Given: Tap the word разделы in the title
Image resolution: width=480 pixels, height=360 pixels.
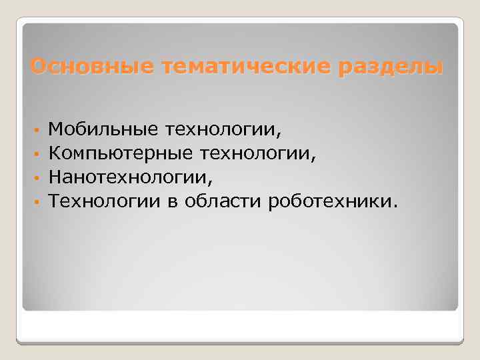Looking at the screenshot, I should (x=391, y=67).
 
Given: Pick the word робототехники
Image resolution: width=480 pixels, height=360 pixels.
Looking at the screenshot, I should (x=327, y=201).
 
